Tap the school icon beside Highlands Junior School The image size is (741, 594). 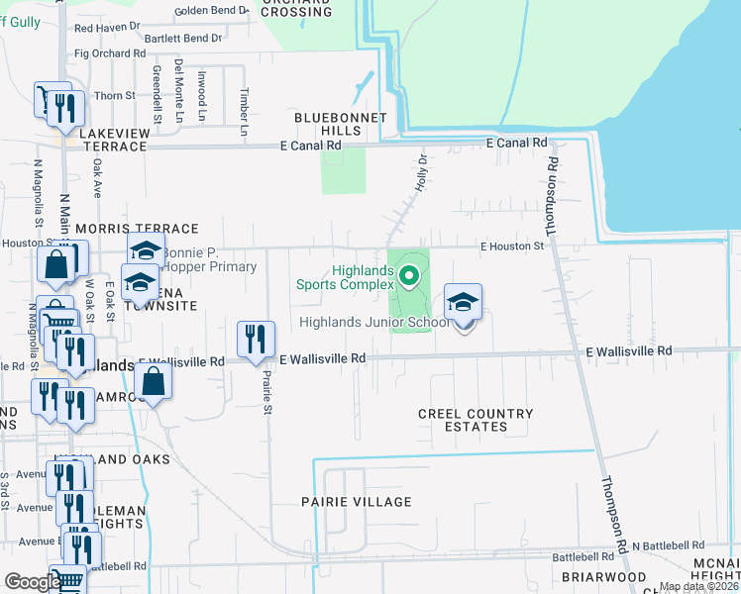tap(463, 304)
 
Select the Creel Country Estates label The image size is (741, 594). tap(476, 421)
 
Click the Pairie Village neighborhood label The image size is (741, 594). tap(356, 502)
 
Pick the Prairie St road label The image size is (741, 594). tap(266, 377)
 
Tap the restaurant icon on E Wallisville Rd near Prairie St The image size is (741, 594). tap(256, 339)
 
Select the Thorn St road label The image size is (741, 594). tap(115, 96)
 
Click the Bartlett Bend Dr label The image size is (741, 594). tap(183, 39)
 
